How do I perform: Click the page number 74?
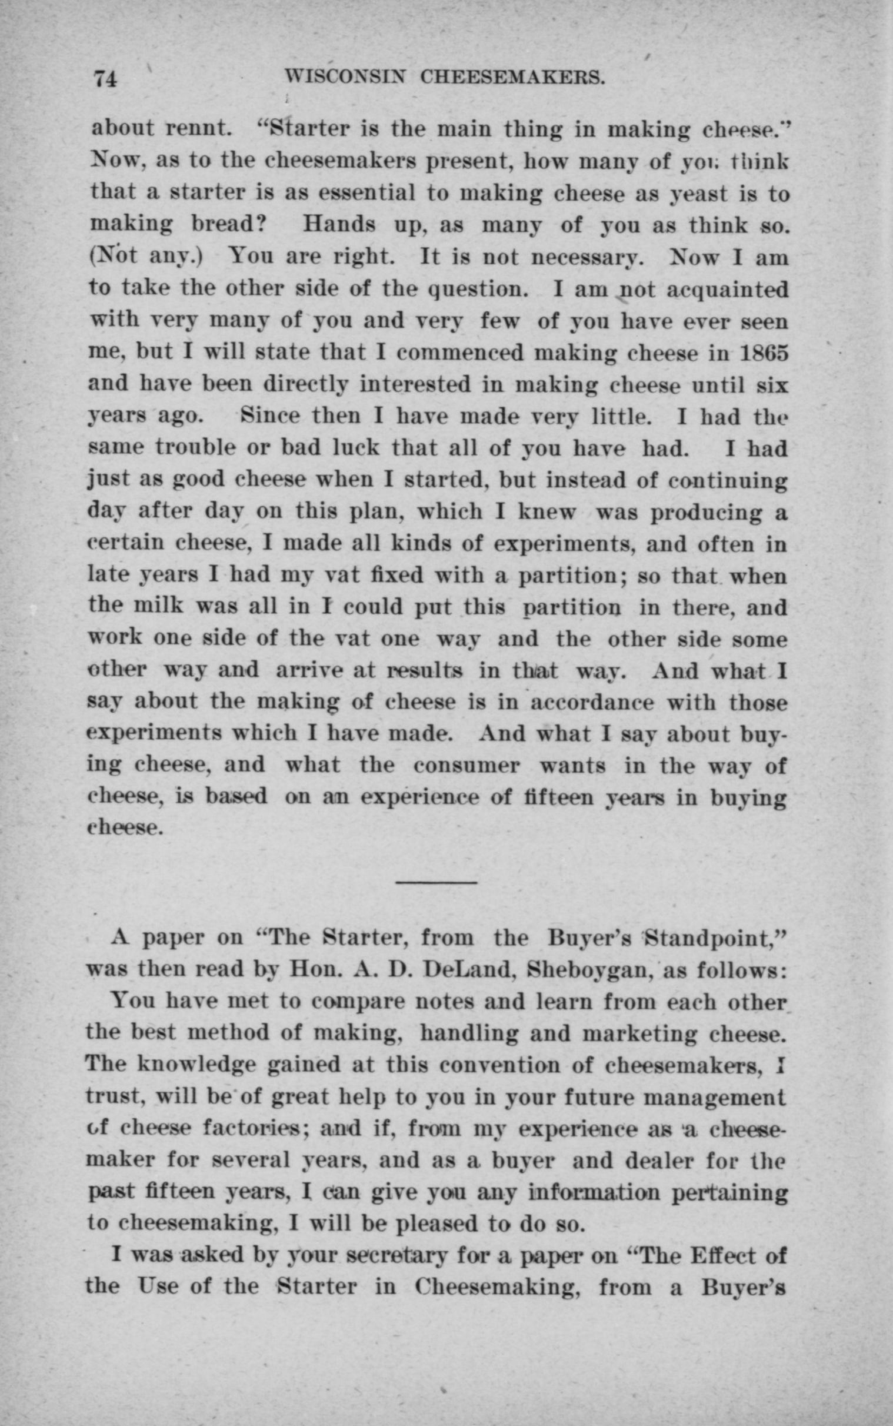(x=106, y=78)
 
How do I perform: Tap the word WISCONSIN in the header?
(x=344, y=77)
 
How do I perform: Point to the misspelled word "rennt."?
(x=195, y=129)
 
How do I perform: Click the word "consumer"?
(x=467, y=766)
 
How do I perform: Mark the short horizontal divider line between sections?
(x=436, y=883)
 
